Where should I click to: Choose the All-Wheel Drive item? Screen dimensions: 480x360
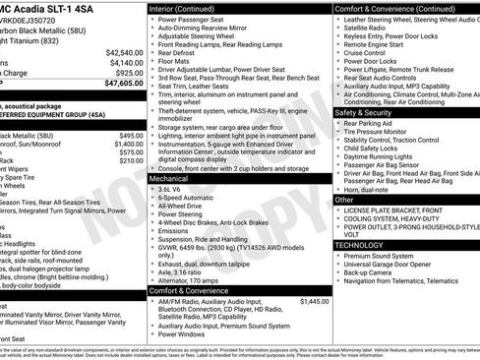pos(183,207)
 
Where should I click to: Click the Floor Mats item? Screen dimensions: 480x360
pos(177,62)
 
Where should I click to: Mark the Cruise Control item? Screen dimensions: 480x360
pos(370,53)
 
